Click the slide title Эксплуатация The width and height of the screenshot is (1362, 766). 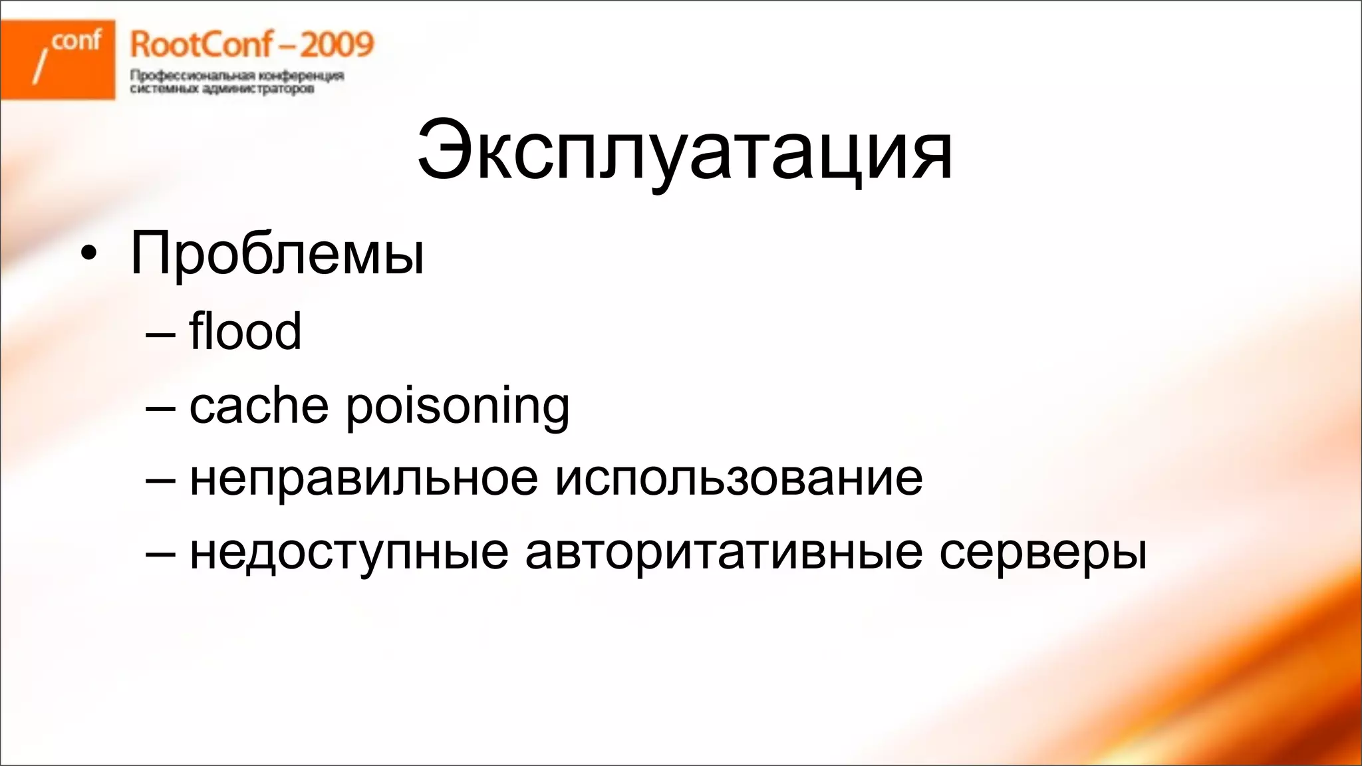[x=685, y=152]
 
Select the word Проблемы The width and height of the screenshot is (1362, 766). [x=277, y=254]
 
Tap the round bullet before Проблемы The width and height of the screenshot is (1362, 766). [x=88, y=255]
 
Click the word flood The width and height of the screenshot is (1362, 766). [x=245, y=331]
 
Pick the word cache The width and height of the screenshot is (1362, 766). [x=259, y=405]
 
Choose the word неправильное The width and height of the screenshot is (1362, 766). [x=364, y=479]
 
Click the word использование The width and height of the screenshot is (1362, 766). [x=739, y=479]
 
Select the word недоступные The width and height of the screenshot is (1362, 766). [x=349, y=553]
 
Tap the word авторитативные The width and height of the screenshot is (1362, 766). [x=724, y=553]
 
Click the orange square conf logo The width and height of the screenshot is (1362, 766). [x=58, y=59]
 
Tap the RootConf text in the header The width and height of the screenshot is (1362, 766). [x=201, y=45]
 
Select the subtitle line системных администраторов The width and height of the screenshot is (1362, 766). [x=221, y=89]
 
